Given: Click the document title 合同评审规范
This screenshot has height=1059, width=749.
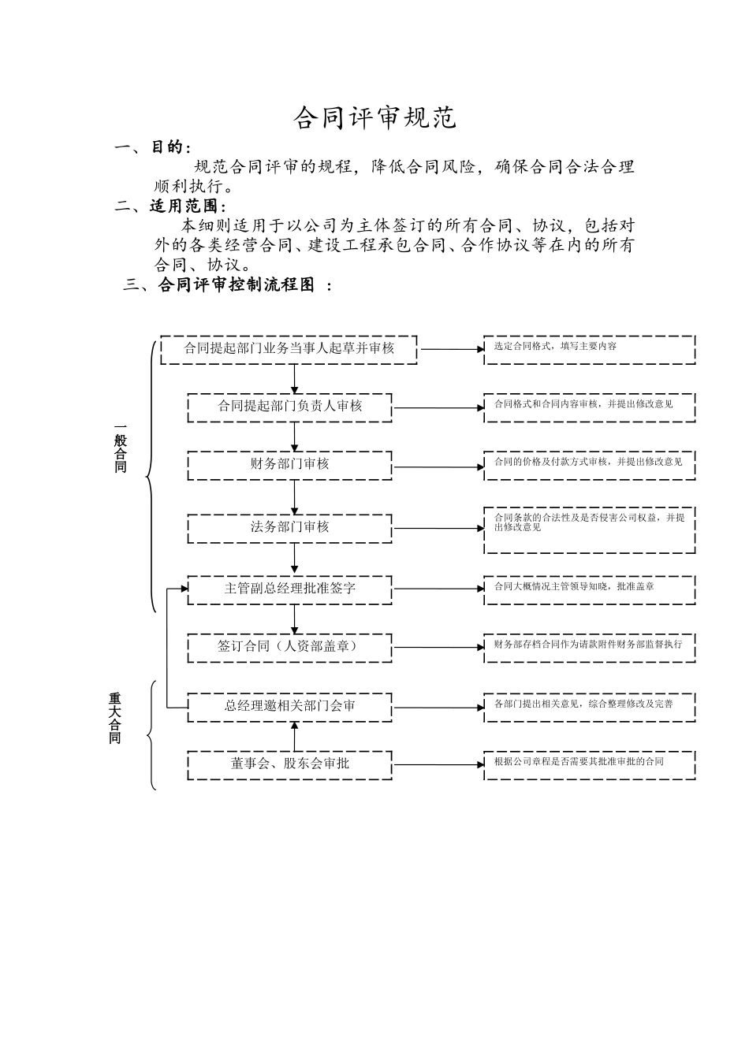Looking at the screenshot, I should tap(374, 118).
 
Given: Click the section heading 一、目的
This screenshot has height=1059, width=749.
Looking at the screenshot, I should tap(153, 148).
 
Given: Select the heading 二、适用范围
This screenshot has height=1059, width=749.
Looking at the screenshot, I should tap(170, 206).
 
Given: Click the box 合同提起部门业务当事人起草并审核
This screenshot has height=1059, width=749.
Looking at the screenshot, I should tap(289, 349).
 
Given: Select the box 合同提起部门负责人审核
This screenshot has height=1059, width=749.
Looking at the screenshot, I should tap(289, 407).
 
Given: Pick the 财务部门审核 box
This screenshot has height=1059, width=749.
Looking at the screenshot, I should tap(289, 465).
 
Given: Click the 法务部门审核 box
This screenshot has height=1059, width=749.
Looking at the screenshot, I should tap(289, 528).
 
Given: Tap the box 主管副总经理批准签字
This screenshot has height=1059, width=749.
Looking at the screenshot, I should tap(289, 589).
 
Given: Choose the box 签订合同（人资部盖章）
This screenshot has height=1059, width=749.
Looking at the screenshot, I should tap(289, 647).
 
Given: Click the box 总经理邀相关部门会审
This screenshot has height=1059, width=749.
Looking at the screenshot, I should tap(289, 706).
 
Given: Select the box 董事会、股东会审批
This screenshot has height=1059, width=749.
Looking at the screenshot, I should tap(289, 764).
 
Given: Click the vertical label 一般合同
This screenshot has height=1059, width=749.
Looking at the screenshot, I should tap(120, 450).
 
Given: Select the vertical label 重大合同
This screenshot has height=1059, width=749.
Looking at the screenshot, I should tap(115, 719).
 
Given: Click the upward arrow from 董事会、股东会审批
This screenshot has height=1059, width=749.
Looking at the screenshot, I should tap(295, 736).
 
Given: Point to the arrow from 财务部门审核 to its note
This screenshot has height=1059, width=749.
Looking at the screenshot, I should tap(438, 467).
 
